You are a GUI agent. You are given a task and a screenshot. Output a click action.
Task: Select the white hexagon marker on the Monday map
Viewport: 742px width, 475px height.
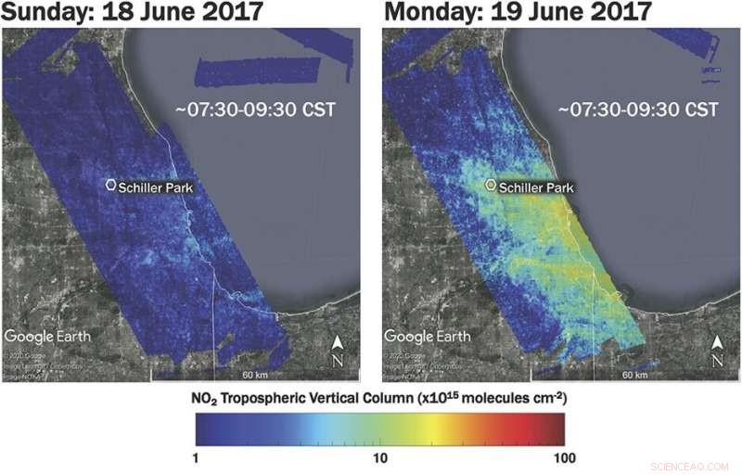tap(492, 186)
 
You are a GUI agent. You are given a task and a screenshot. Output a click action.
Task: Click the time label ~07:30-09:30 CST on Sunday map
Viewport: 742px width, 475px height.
tap(255, 110)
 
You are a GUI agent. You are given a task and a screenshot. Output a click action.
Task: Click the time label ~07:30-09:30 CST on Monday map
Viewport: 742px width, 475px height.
tap(638, 110)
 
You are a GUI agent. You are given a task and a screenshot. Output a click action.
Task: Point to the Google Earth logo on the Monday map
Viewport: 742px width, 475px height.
tap(428, 336)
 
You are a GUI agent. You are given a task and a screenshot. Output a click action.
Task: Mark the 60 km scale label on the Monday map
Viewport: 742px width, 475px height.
tap(634, 375)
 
